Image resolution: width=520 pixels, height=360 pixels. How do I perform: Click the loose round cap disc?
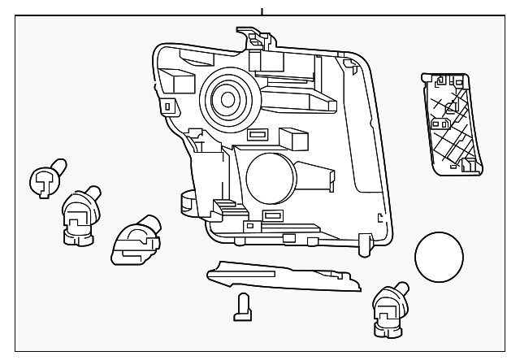click(438, 258)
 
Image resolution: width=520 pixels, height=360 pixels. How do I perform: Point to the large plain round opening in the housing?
click(270, 178)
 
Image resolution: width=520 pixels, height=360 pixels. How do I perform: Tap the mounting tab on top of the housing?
click(257, 36)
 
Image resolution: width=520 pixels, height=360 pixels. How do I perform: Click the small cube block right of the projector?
click(292, 138)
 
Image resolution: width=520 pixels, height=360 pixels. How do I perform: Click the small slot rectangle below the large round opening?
click(271, 217)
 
